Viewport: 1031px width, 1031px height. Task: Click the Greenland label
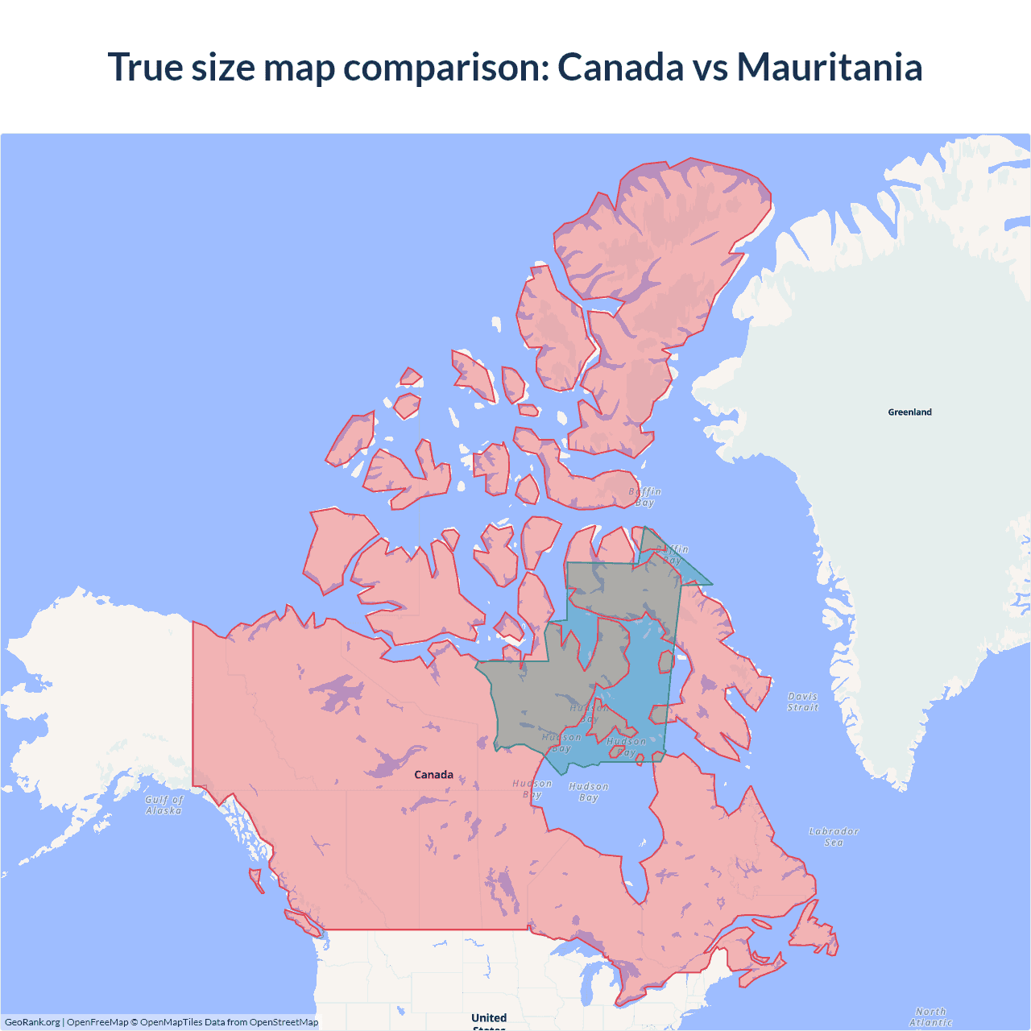(909, 412)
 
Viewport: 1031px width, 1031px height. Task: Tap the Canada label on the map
(433, 775)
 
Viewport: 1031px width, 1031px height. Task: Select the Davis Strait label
(802, 702)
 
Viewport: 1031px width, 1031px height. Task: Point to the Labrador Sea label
(834, 837)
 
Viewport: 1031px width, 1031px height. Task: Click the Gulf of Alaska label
(164, 805)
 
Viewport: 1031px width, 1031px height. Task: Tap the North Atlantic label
(930, 1017)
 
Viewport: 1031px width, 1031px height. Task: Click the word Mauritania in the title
(830, 67)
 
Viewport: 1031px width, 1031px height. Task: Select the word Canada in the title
(620, 67)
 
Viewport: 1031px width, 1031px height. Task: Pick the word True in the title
(146, 67)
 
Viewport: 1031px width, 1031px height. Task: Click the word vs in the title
(710, 67)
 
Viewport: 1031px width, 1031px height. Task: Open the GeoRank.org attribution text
(32, 1022)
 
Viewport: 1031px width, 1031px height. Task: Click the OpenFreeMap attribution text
(97, 1022)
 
